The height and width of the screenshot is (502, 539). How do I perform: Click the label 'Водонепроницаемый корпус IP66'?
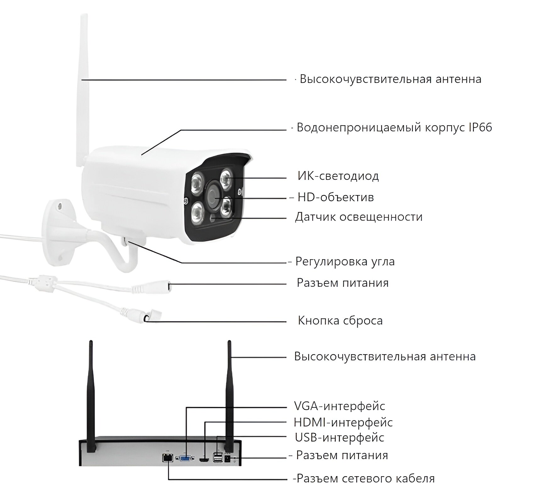(x=394, y=128)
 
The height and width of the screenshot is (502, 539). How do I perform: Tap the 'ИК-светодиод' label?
(x=338, y=176)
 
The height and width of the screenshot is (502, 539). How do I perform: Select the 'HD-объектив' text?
(x=336, y=197)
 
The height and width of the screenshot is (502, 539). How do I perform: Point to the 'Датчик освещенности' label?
(x=358, y=217)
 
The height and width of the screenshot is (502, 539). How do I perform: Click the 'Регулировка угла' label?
(x=345, y=261)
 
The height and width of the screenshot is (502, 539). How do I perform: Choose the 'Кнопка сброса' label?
(x=340, y=321)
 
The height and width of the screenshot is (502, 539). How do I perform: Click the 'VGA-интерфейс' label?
(x=339, y=406)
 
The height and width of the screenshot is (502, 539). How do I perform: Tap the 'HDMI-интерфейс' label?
(x=343, y=422)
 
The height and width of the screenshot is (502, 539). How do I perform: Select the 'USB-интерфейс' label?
(x=339, y=438)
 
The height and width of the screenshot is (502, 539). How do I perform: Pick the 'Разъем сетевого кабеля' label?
(x=365, y=478)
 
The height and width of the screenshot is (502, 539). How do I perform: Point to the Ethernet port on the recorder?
(x=168, y=458)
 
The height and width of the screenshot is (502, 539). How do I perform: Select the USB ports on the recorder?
(x=217, y=457)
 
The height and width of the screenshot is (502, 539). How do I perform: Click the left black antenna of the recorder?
(x=91, y=396)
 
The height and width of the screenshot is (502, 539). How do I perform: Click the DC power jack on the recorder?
(x=227, y=459)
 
